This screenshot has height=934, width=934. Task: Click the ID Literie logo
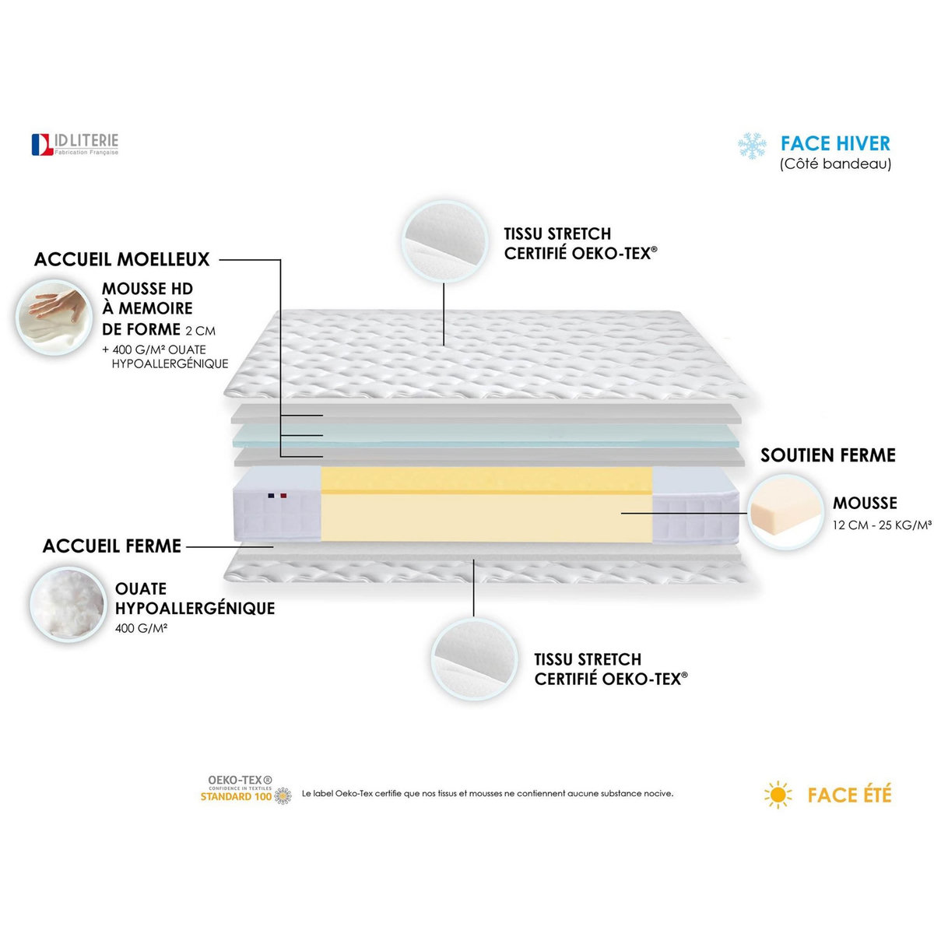pyautogui.click(x=75, y=144)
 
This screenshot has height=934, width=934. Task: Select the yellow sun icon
pyautogui.click(x=778, y=795)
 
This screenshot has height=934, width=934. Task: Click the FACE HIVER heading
pyautogui.click(x=835, y=143)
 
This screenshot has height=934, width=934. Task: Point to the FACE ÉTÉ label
pyautogui.click(x=849, y=795)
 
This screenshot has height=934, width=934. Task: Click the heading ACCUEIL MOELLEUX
pyautogui.click(x=122, y=259)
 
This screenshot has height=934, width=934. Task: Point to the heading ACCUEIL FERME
pyautogui.click(x=112, y=546)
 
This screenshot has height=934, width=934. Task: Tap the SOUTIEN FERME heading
pyautogui.click(x=828, y=455)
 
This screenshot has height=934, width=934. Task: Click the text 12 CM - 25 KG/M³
pyautogui.click(x=882, y=525)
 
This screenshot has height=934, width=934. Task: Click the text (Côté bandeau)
pyautogui.click(x=835, y=164)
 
